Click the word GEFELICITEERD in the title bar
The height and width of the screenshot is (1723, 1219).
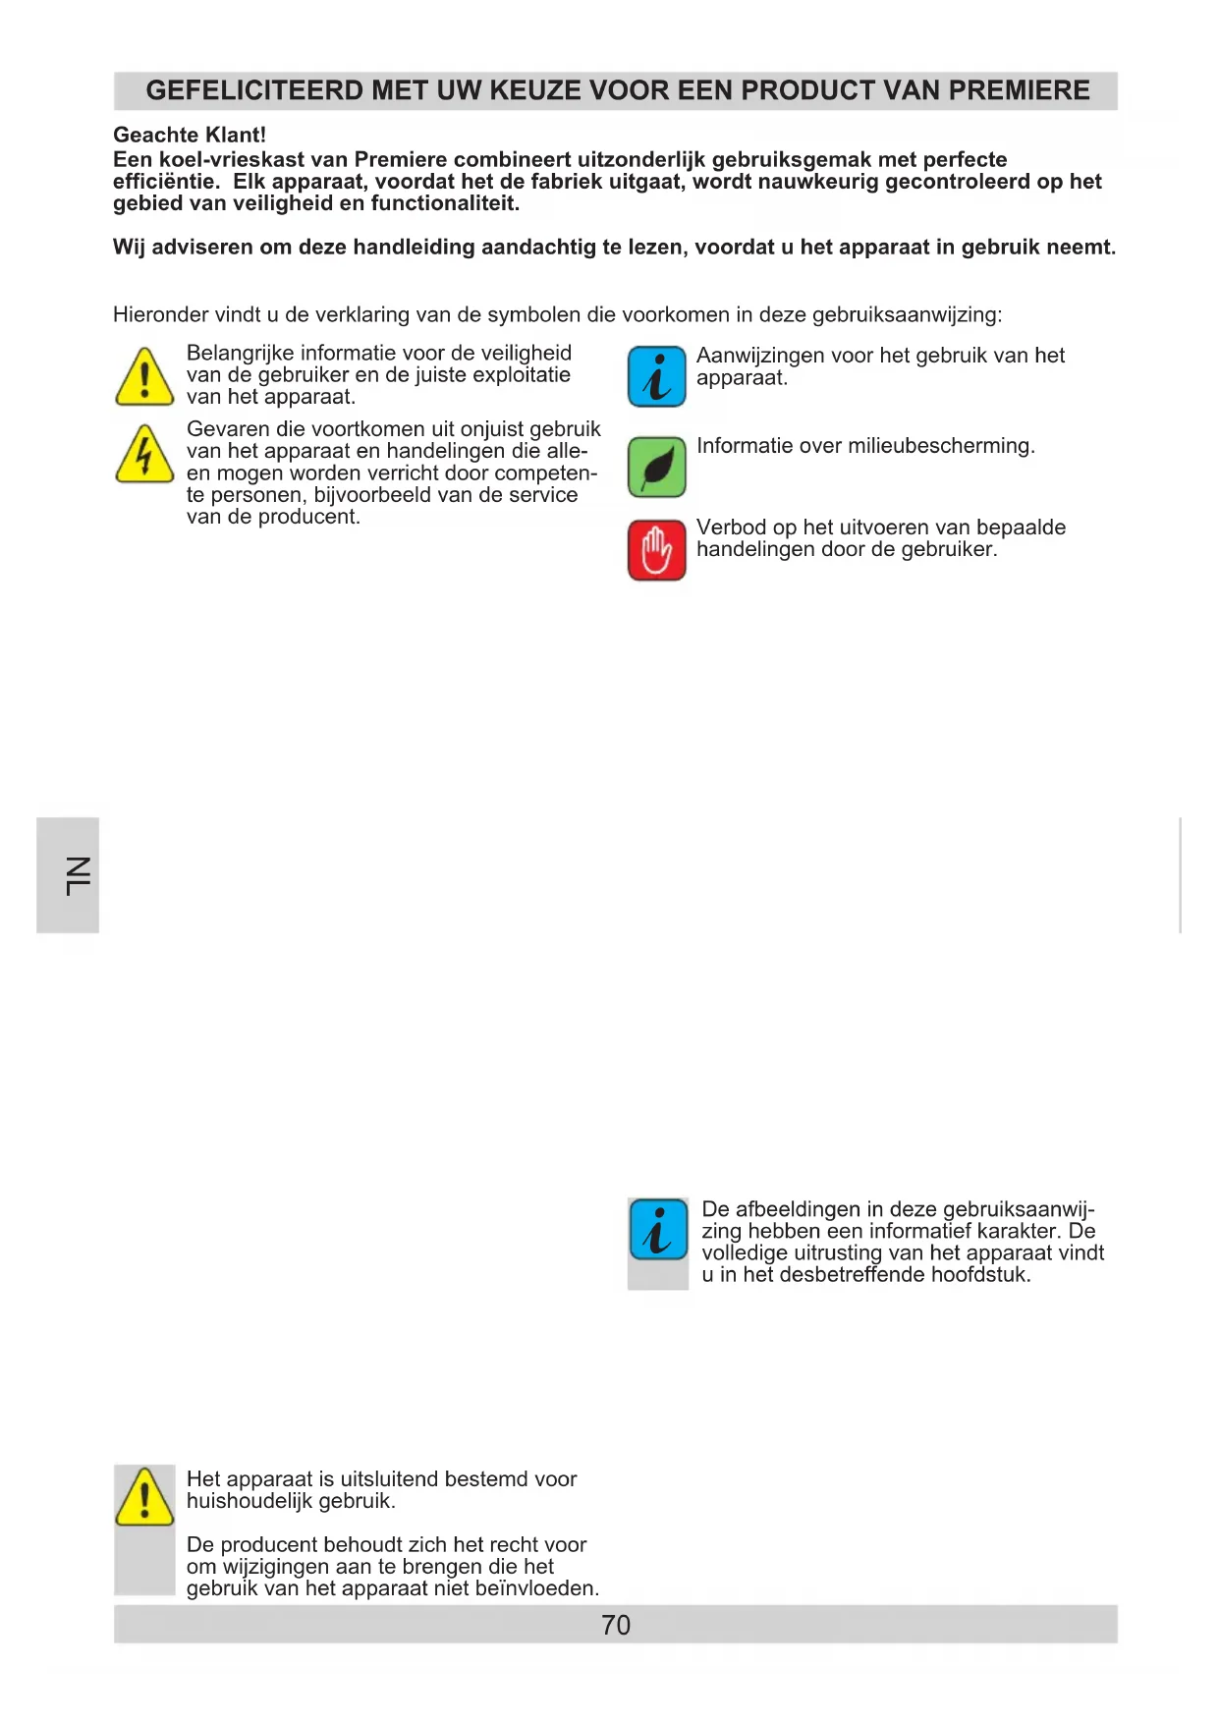tap(254, 90)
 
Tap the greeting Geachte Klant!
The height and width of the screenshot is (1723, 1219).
tap(190, 136)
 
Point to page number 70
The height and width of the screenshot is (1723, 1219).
tap(616, 1625)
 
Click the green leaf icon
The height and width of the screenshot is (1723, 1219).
tap(657, 468)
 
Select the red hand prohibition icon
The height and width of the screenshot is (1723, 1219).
tap(657, 550)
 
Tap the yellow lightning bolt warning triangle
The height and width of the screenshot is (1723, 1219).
tap(144, 455)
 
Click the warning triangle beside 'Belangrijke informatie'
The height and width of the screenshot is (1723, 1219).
tap(144, 377)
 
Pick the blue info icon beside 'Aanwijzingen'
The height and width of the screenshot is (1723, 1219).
tap(657, 377)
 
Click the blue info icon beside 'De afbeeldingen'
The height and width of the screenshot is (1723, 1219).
tap(658, 1230)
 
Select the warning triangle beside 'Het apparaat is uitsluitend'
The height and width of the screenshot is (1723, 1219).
tap(144, 1497)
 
